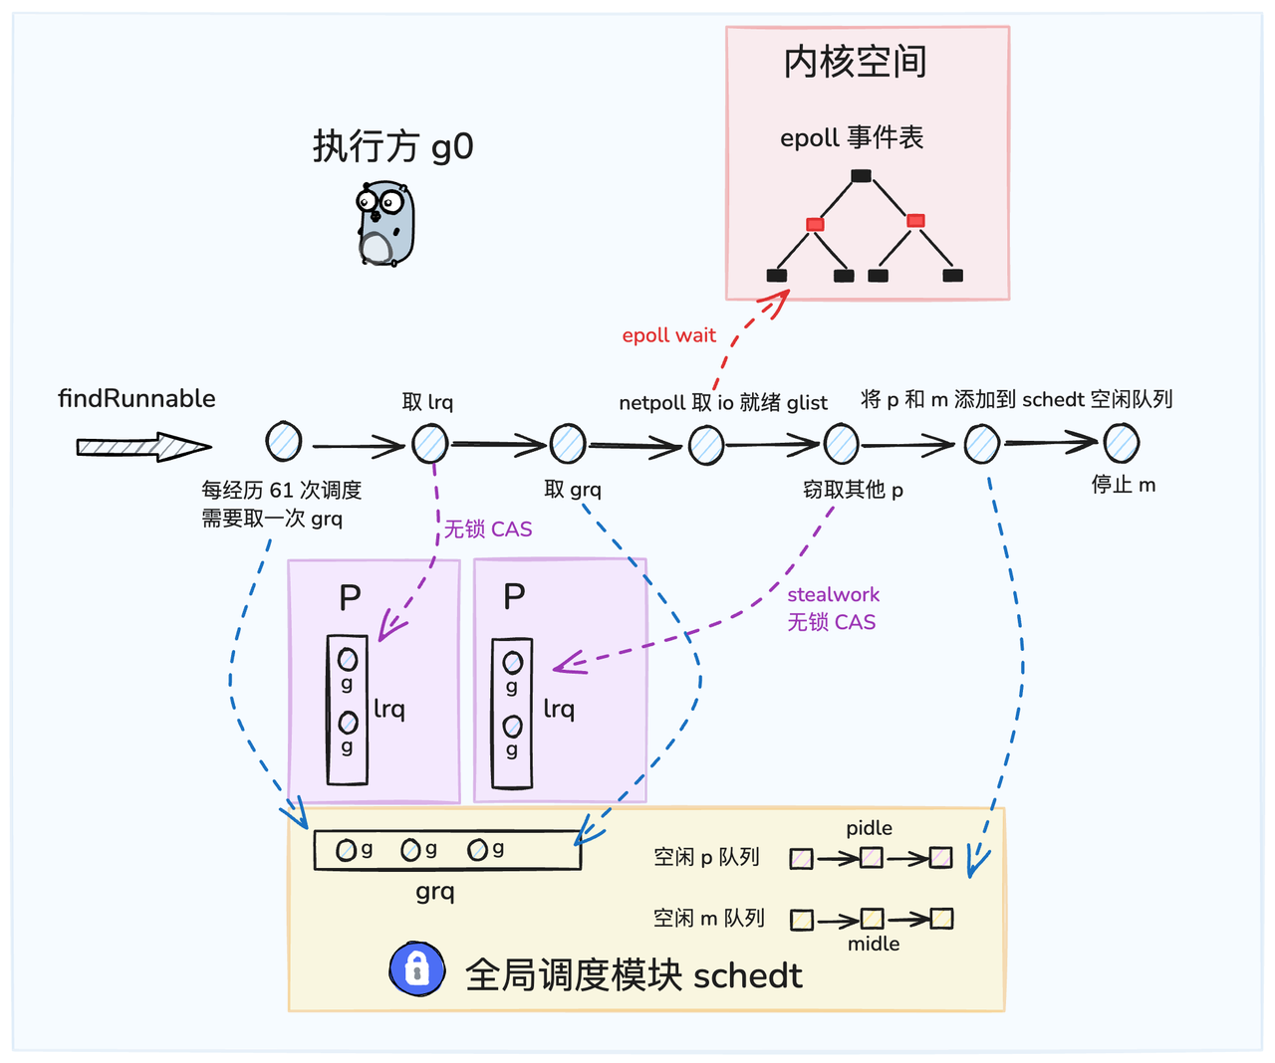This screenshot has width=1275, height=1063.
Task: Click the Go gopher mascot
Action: pos(385,223)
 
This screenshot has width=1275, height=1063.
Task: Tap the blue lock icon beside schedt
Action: pos(416,968)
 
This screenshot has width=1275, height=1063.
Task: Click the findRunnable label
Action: pos(136,399)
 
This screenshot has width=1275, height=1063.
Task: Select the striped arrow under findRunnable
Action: pos(142,447)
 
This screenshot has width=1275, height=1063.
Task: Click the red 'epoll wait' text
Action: pos(668,335)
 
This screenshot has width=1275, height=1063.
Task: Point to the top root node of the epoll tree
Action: pos(862,176)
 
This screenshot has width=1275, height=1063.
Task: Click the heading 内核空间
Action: pos(855,62)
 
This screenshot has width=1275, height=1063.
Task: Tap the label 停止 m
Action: pos(1123,485)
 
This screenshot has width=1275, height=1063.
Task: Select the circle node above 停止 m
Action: pos(1122,443)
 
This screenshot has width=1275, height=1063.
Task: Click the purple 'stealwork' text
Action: pos(833,594)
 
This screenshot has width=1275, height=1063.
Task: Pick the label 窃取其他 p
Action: pos(853,490)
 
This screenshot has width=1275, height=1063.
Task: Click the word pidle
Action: pos(869,828)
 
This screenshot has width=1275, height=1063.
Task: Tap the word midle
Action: pos(874,944)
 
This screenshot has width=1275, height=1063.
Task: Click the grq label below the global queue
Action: pos(435,892)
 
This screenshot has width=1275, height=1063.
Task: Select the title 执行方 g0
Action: pos(392,147)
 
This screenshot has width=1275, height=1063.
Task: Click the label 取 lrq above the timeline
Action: pos(427,402)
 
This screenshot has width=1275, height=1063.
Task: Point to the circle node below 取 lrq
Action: pos(430,444)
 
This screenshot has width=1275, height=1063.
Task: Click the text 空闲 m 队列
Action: pos(708,918)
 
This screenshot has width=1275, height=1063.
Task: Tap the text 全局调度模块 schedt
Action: pos(634,975)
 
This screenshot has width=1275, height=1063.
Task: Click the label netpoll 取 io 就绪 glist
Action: pos(722,403)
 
